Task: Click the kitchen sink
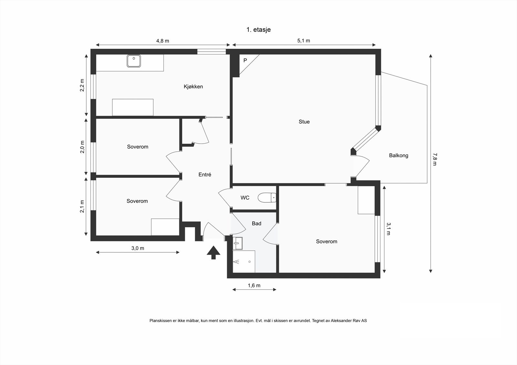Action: click(134, 61)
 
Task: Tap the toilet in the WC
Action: click(267, 198)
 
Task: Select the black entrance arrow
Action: click(214, 253)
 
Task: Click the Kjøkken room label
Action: click(193, 86)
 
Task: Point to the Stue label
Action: click(304, 122)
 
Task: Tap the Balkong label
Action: click(399, 156)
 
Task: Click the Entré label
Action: click(205, 175)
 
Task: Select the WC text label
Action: click(245, 198)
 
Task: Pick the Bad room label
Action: click(257, 223)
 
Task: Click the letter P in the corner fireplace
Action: click(245, 60)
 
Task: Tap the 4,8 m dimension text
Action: click(163, 41)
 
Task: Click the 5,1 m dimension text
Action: click(303, 41)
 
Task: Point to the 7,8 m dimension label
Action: click(435, 159)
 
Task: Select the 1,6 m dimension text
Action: click(254, 286)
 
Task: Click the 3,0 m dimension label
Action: click(138, 248)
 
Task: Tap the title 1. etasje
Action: click(258, 30)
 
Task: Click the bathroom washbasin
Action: click(237, 243)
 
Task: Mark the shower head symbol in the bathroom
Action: click(236, 262)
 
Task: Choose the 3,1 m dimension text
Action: click(388, 229)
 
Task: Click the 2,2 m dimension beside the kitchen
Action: click(82, 85)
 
